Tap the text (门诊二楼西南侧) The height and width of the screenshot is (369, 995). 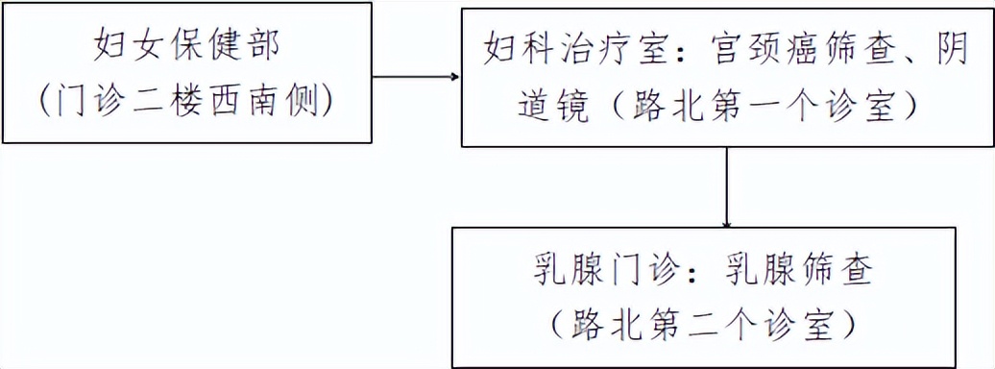[x=187, y=99]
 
